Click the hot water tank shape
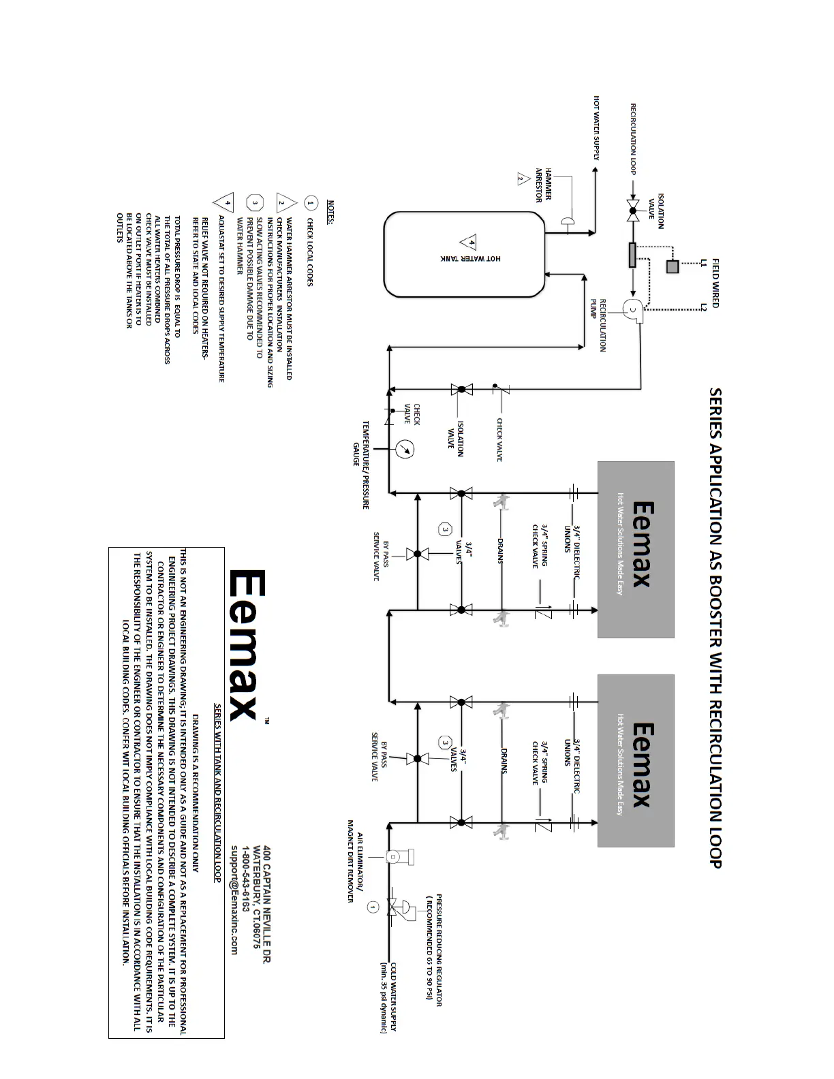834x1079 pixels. point(464,254)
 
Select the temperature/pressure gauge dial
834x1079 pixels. point(405,450)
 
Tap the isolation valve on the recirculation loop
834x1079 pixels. point(633,210)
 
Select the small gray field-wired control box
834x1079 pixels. point(673,266)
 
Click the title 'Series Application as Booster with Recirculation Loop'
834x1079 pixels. point(715,627)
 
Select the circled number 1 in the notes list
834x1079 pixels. point(311,203)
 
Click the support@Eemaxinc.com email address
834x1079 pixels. point(234,900)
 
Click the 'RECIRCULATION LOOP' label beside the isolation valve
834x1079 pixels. point(633,139)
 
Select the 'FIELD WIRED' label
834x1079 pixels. point(715,283)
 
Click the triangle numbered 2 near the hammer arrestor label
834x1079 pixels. point(522,179)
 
